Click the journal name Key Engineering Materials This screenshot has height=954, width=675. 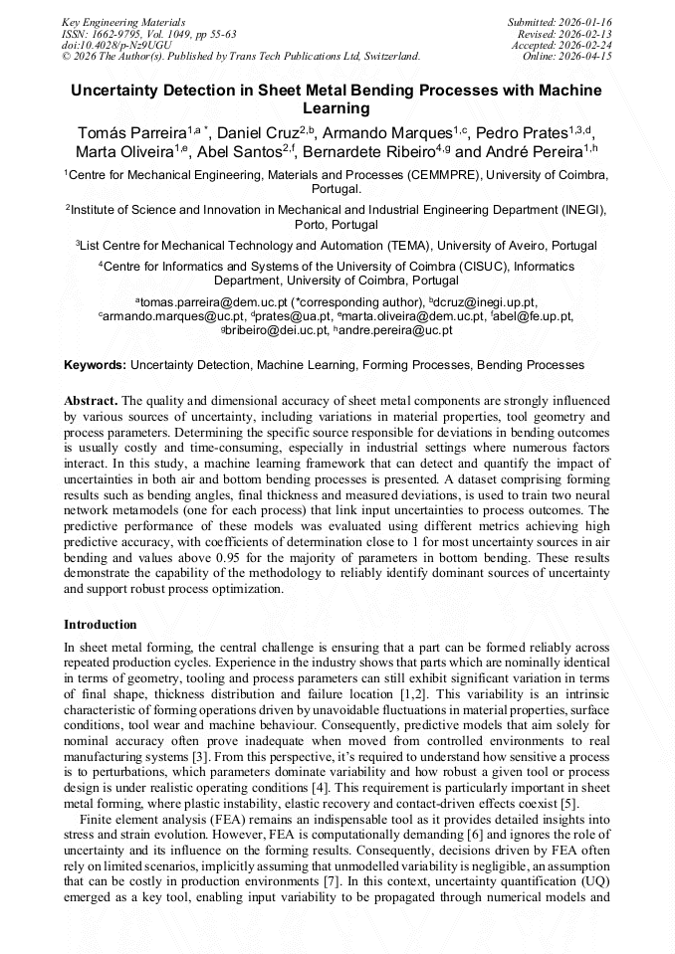122,21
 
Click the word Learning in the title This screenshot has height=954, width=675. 337,107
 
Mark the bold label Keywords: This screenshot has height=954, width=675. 95,365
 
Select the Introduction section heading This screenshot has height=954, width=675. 101,625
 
